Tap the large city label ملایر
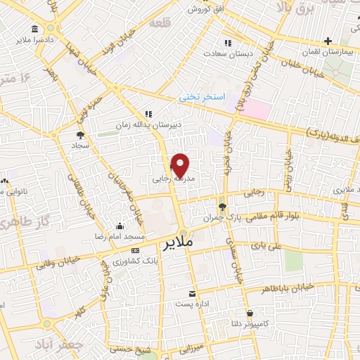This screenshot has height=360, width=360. click(177, 245)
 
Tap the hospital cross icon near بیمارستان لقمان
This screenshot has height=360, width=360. click(329, 41)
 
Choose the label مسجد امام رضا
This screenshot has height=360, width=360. click(120, 238)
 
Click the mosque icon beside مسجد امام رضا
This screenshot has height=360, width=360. click(120, 226)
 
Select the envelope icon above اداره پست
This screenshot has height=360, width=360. click(192, 294)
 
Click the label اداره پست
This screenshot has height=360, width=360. click(192, 304)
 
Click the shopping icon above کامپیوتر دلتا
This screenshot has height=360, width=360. click(250, 313)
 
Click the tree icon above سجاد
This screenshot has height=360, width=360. click(79, 134)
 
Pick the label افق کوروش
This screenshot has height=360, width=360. click(204, 10)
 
